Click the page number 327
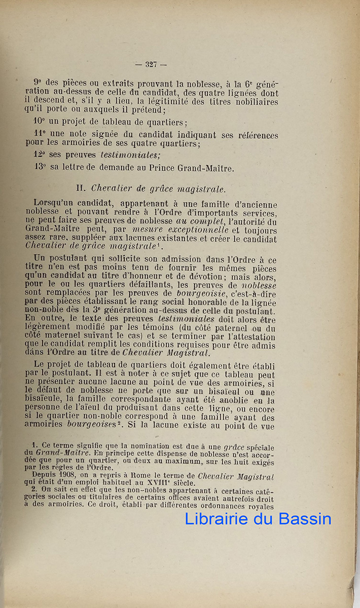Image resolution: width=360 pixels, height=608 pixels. pyautogui.click(x=151, y=64)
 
